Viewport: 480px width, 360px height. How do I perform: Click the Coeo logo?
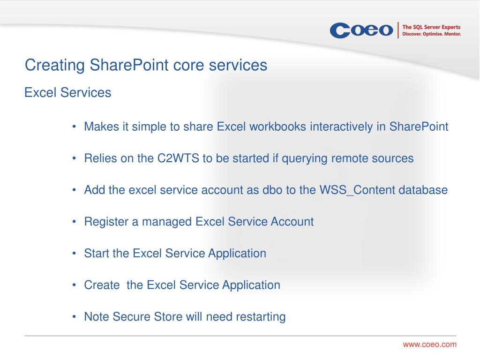361,30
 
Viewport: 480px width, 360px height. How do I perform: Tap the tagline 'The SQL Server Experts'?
431,27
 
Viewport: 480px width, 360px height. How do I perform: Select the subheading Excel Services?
67,92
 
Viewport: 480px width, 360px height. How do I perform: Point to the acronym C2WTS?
178,158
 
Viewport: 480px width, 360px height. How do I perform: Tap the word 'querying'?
305,158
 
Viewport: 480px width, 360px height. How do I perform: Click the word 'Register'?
106,222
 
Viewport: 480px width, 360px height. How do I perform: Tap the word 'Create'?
102,285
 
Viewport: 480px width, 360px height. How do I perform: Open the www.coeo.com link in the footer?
429,345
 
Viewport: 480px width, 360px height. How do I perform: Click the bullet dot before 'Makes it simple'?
74,127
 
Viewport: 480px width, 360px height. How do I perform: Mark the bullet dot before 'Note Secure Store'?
74,316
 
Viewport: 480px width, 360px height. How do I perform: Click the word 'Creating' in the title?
55,65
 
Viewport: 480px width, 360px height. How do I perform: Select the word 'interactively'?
341,127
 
